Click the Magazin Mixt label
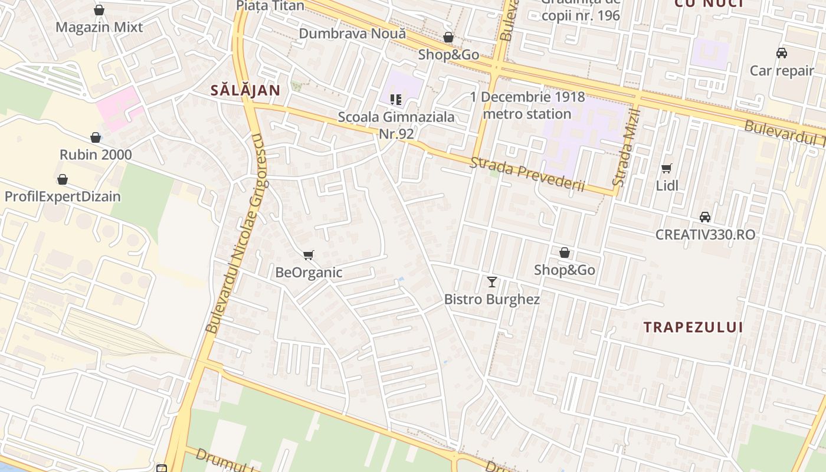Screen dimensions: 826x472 [x=99, y=27]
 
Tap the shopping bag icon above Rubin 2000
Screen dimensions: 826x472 [x=96, y=138]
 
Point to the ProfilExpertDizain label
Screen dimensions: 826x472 [x=63, y=196]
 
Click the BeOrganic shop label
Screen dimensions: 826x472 [x=309, y=273]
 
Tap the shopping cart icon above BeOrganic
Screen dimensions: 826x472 [x=308, y=255]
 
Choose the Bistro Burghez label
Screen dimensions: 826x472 [x=492, y=299]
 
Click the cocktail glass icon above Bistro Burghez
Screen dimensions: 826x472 [x=492, y=282]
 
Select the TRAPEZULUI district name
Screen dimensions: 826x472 [x=693, y=327]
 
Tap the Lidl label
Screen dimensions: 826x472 [x=667, y=186]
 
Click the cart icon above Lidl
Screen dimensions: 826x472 [x=667, y=169]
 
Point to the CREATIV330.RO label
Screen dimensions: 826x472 [x=705, y=234]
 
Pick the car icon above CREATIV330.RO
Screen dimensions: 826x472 [x=704, y=217]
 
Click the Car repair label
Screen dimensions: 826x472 [x=782, y=71]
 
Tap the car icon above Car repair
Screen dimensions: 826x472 [x=782, y=53]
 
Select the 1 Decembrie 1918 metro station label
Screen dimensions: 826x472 [x=527, y=105]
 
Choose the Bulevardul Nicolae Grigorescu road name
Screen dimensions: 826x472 [x=235, y=233]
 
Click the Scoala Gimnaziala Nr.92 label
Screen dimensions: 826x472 [x=396, y=125]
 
